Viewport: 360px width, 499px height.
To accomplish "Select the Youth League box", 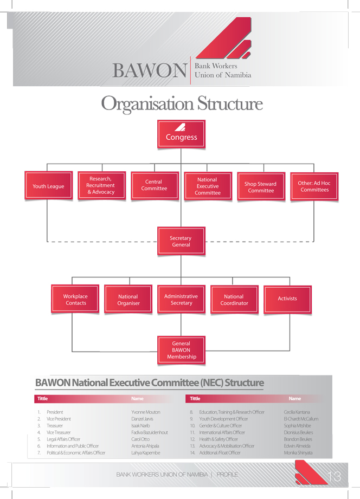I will [x=48, y=186].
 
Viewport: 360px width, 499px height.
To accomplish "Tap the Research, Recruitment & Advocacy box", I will [x=101, y=186].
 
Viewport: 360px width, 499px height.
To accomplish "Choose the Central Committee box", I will [x=154, y=186].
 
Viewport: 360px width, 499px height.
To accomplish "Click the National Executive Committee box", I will [x=207, y=186].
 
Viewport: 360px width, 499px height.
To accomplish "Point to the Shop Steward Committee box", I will [x=260, y=187].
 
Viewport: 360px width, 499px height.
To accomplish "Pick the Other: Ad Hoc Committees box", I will [x=314, y=187].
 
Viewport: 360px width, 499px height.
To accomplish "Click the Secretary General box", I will [x=181, y=242].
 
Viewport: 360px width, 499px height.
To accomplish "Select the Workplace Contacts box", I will [x=75, y=300].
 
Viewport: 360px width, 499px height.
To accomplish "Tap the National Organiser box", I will [x=128, y=300].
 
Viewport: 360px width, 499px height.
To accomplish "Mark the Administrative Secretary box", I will [x=181, y=300].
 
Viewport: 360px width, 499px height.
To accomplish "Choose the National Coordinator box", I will [x=234, y=300].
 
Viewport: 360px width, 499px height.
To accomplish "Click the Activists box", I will [x=287, y=299].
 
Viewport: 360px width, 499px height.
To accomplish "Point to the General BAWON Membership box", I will [x=181, y=350].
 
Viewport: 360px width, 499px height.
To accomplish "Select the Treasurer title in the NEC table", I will [x=55, y=426].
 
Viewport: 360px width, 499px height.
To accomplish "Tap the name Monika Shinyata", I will [x=298, y=453].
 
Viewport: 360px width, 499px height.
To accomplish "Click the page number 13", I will [x=335, y=476].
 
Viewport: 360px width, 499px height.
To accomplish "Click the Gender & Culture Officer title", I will [x=220, y=426].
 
